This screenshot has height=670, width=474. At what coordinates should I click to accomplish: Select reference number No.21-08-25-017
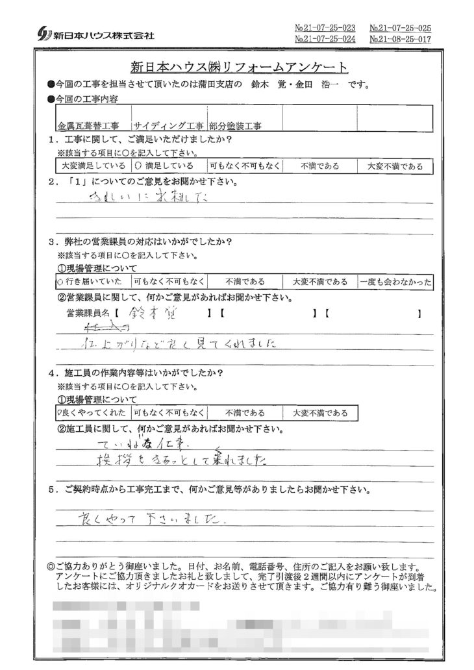(400, 40)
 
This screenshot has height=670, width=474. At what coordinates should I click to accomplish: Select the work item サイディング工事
(168, 125)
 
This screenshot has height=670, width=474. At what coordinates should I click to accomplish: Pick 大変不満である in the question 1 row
(394, 166)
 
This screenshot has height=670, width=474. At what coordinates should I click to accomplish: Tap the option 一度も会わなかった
(394, 282)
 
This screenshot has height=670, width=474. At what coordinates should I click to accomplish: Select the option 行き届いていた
(90, 282)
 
